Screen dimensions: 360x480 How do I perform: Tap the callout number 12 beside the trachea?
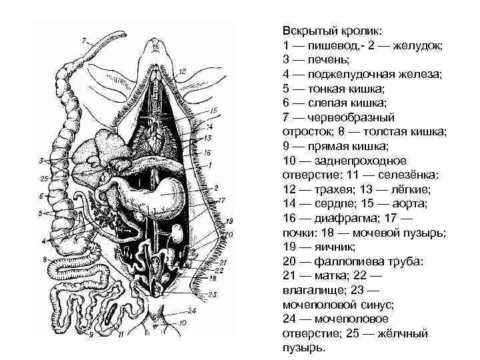click(182, 70)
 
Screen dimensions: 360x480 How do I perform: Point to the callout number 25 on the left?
click(44, 179)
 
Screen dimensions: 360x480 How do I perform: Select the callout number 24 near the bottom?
click(192, 309)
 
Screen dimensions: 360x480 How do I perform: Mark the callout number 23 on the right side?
click(213, 294)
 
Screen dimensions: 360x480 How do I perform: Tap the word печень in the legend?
click(321, 59)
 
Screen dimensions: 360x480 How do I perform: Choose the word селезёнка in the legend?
click(412, 175)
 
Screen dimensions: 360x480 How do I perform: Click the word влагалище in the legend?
click(313, 290)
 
